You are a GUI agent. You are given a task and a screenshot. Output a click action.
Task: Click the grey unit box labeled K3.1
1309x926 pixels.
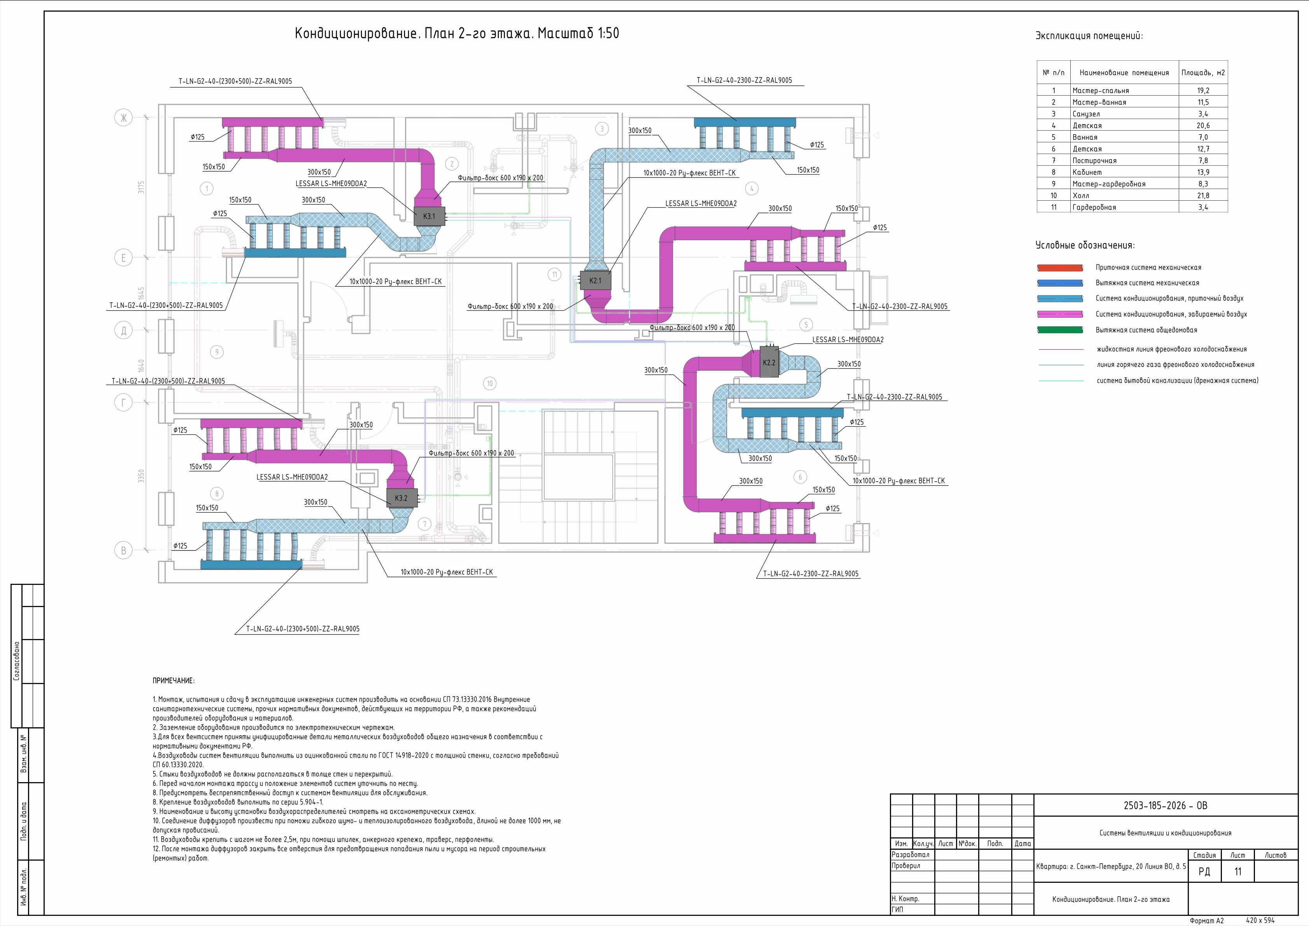(x=429, y=216)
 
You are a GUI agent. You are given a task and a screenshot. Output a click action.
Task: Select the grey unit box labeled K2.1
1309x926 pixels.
(x=595, y=280)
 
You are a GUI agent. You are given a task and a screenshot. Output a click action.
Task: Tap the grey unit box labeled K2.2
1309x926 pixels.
(x=769, y=362)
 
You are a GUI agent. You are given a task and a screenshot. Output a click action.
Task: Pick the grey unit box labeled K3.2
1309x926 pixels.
(x=401, y=498)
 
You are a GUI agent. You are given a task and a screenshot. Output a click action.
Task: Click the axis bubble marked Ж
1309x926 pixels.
(x=123, y=118)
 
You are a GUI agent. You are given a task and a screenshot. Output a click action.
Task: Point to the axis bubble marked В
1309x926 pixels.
(x=123, y=550)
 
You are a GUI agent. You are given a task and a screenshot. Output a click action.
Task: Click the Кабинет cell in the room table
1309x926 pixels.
(x=1087, y=172)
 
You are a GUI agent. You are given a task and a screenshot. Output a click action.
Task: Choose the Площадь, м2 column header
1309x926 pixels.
(x=1203, y=72)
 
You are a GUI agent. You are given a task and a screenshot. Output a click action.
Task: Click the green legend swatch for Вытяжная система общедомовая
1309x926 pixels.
(x=1060, y=329)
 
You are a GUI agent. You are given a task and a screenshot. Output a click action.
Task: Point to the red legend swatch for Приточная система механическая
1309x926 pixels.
(x=1060, y=268)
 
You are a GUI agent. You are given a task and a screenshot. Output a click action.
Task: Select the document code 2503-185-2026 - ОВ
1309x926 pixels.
(x=1165, y=806)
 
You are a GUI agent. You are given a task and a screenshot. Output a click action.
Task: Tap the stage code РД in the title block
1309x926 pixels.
(x=1204, y=871)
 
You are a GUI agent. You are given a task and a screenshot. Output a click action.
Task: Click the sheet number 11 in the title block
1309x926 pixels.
(x=1238, y=871)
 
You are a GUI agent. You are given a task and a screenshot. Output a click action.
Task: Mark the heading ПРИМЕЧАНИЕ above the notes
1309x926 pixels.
(x=173, y=681)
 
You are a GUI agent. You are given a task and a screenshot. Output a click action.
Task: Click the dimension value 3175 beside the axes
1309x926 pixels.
(x=142, y=187)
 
